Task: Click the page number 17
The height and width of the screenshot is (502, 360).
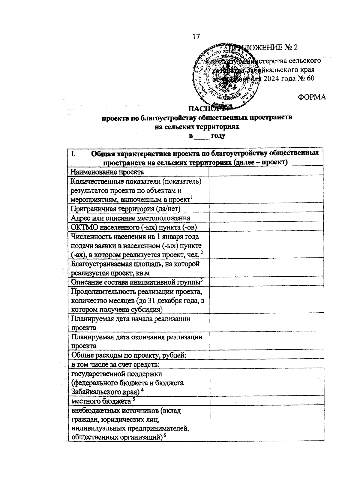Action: click(196, 37)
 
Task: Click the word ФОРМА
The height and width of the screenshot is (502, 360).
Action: click(312, 97)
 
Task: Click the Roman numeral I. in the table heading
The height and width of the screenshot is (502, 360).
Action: click(73, 154)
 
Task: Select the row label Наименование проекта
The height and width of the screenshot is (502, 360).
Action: click(107, 172)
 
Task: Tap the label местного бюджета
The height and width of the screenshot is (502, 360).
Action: click(100, 401)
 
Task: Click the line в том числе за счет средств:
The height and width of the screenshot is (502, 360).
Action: click(115, 365)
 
